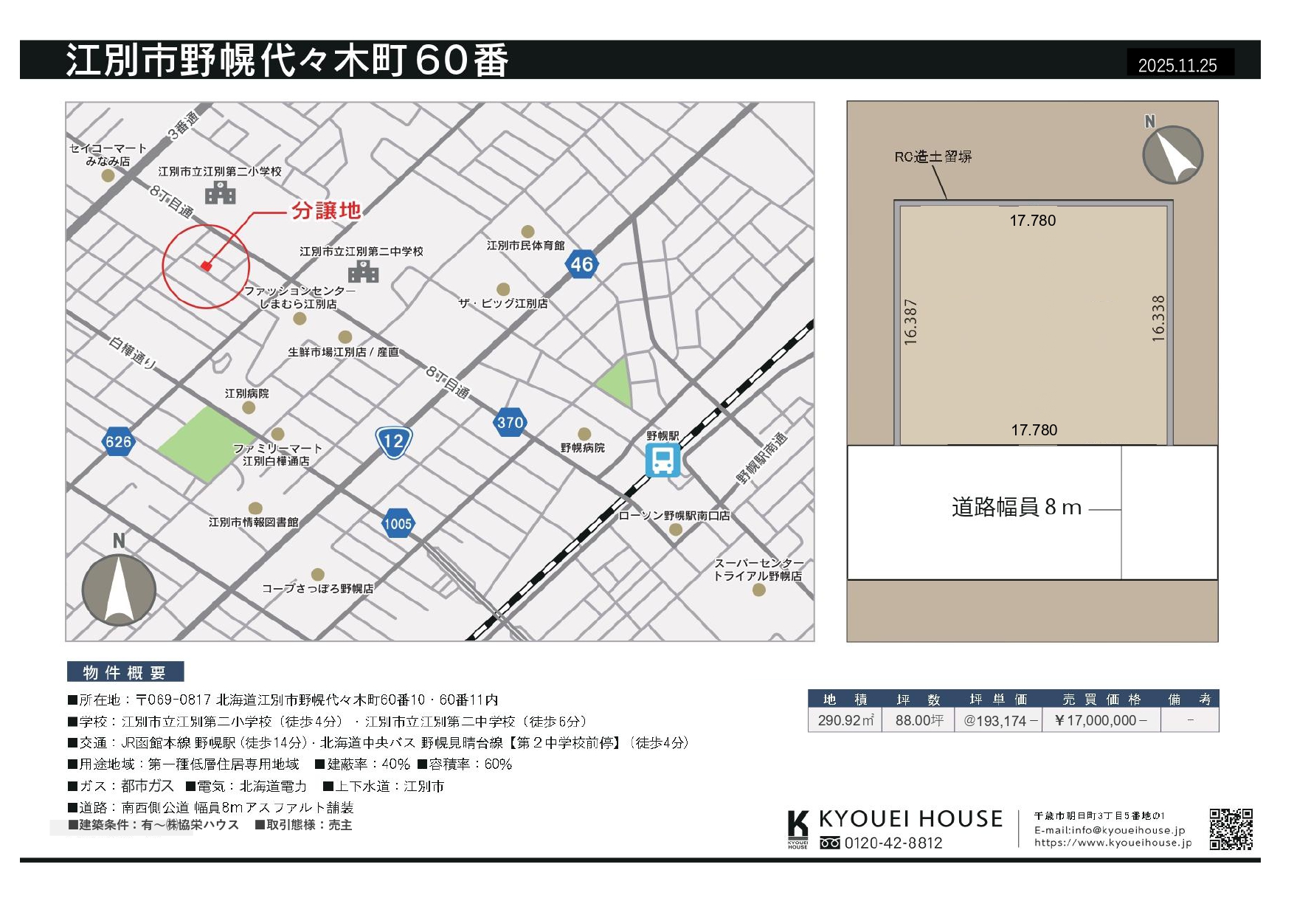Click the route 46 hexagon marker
581,264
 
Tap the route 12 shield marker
393,442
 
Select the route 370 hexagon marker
510,423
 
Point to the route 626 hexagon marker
118,442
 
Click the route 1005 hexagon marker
398,524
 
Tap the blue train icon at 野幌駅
662,461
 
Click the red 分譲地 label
326,211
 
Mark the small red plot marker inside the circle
206,266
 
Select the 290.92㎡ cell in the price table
845,720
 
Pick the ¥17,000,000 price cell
1101,720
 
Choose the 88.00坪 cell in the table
918,720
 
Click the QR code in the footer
1231,829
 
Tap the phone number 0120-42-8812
893,843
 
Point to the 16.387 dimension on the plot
911,322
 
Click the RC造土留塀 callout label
933,156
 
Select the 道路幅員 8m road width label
1016,507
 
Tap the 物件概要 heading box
125,672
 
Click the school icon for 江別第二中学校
363,272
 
